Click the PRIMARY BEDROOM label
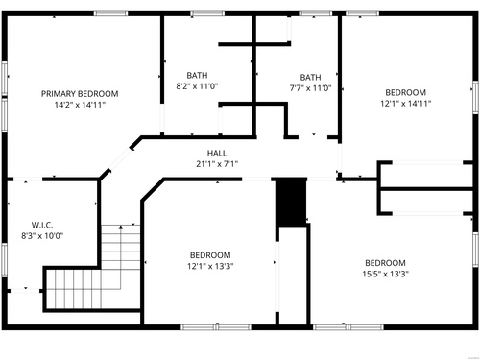(x=80, y=94)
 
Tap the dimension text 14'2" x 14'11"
(x=80, y=105)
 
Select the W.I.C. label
(x=42, y=225)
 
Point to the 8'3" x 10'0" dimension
(x=42, y=236)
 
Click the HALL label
(x=217, y=153)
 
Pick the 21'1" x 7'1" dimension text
(x=217, y=164)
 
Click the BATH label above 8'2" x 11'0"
(x=197, y=75)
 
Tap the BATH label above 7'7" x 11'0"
(x=310, y=77)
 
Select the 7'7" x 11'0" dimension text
(x=310, y=88)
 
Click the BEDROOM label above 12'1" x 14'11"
(x=406, y=92)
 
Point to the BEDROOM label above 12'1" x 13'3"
(x=210, y=255)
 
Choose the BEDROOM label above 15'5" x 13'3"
(x=385, y=263)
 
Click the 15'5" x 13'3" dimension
(x=385, y=274)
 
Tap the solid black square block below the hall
(x=291, y=203)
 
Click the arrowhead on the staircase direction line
(x=121, y=228)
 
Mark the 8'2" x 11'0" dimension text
(x=197, y=86)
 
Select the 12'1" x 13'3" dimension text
(x=210, y=266)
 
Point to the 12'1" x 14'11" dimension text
(x=406, y=104)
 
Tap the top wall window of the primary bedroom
(x=110, y=13)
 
